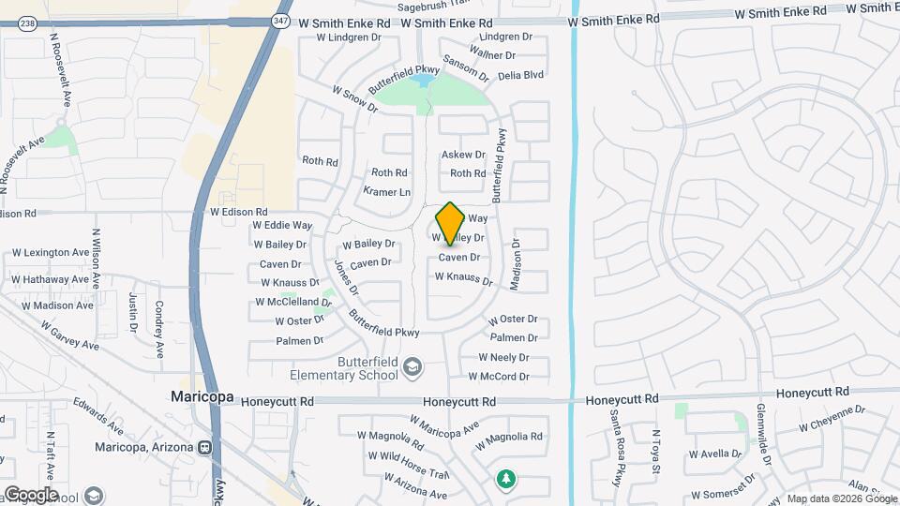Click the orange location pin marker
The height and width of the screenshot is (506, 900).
450,223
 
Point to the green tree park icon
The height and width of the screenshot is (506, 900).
506,479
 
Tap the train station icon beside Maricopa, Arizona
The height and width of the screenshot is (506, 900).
204,447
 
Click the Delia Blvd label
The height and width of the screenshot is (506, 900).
520,74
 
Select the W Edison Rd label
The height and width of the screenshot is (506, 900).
239,213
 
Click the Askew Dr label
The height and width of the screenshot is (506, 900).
463,155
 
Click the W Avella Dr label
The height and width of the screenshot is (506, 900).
716,454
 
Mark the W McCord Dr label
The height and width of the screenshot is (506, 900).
504,377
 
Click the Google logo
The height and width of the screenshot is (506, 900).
30,494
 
